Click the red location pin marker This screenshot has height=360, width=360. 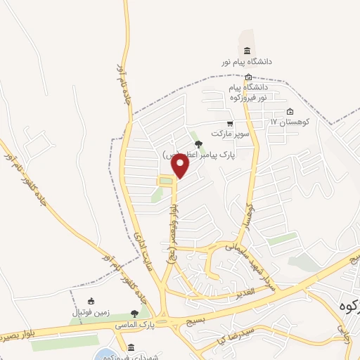tap(181, 166)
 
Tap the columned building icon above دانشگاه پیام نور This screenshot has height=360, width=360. tap(247, 51)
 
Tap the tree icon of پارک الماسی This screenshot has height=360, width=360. tap(134, 314)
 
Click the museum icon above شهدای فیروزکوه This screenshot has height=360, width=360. tap(131, 347)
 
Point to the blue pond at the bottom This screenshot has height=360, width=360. tap(105, 354)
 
